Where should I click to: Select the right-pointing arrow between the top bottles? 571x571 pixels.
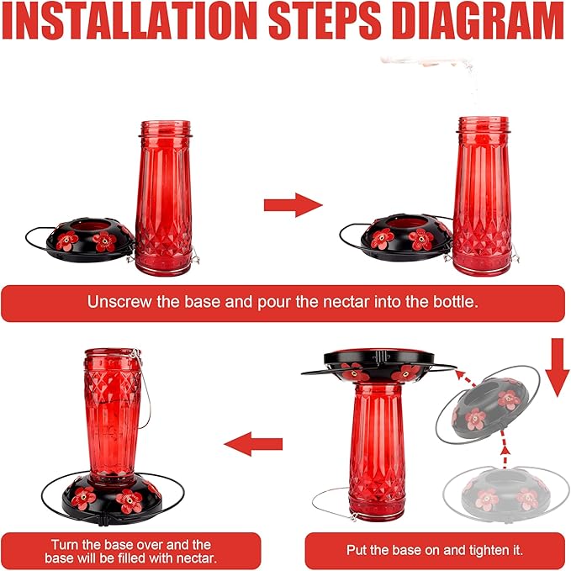293,205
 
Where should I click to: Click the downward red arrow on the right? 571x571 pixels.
557,367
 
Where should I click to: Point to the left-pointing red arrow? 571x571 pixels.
253,444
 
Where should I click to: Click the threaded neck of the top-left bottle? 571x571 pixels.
166,129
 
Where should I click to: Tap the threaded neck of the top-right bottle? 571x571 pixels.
484,124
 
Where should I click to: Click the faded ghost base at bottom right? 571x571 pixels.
503,490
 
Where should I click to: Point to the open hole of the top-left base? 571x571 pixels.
90,225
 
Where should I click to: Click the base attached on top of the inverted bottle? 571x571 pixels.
378,365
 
